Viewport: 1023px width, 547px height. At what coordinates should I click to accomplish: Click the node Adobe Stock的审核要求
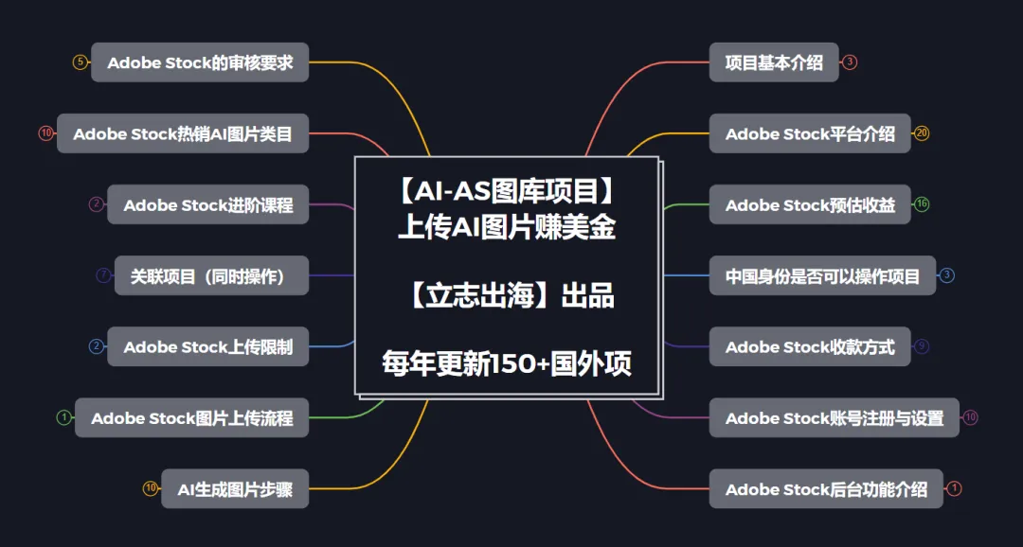(200, 62)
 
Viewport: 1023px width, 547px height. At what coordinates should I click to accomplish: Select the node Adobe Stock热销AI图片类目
(183, 133)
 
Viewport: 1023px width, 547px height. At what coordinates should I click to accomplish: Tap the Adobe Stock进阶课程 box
(207, 204)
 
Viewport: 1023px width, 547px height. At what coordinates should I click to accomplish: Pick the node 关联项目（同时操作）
(211, 275)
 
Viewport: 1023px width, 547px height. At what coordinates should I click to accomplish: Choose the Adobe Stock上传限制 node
(207, 346)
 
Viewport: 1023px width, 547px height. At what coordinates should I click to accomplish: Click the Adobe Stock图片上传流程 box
(191, 417)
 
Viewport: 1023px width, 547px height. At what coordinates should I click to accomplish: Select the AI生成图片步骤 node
(235, 489)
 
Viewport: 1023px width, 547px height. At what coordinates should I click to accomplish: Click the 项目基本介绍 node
(774, 62)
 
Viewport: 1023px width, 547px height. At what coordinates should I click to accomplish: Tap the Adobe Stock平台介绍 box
(810, 133)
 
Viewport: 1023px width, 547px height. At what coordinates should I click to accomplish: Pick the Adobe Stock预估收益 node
(810, 204)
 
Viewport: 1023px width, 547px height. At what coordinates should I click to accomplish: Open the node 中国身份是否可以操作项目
(822, 275)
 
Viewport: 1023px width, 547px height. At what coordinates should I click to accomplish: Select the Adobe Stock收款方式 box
(810, 346)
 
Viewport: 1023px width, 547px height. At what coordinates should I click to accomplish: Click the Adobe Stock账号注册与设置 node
(834, 417)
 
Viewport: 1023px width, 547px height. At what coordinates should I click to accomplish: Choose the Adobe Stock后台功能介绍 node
(826, 489)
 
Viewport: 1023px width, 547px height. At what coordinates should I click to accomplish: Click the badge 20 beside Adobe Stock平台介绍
(922, 133)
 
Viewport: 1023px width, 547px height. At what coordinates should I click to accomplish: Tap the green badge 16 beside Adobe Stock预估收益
(922, 204)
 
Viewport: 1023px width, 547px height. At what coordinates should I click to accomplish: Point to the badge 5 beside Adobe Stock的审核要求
(81, 62)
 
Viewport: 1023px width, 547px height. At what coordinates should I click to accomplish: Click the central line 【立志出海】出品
(507, 296)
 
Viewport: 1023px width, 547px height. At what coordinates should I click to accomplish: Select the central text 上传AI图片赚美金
(507, 228)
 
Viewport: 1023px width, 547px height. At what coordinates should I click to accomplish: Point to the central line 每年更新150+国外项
(507, 363)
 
